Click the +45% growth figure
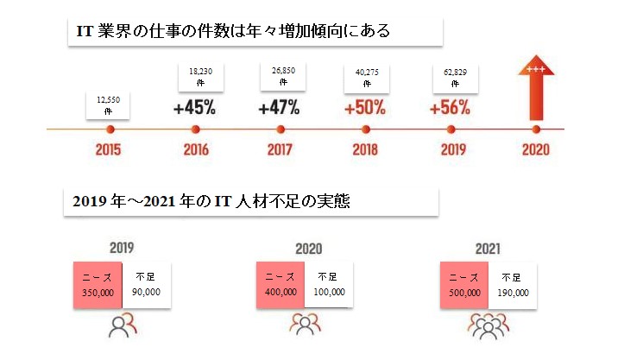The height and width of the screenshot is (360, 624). (x=194, y=109)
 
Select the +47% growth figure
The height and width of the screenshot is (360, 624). (x=279, y=109)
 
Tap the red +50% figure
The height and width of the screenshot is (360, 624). (x=364, y=109)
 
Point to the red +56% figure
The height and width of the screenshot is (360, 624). (x=450, y=109)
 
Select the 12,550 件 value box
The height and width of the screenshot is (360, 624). (x=110, y=106)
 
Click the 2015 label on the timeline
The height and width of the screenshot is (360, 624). (x=110, y=148)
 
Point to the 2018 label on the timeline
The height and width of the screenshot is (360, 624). (x=366, y=148)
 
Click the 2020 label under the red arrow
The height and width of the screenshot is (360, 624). (x=535, y=148)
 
